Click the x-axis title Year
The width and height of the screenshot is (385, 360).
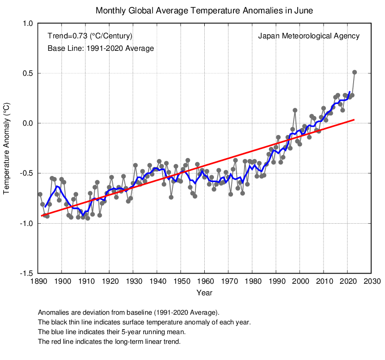[204, 293]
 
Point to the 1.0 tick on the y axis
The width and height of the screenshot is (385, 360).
[27, 24]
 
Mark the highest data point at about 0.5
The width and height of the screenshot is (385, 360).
[354, 72]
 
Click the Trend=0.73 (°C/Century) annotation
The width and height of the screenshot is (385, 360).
[90, 36]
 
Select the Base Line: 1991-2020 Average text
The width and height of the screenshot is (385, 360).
[100, 48]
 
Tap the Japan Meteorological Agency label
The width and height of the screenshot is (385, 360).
[308, 36]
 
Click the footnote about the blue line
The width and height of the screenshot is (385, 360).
[112, 332]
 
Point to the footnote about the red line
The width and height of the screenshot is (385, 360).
[109, 342]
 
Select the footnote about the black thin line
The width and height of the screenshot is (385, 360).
[144, 322]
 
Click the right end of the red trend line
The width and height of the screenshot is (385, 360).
[354, 120]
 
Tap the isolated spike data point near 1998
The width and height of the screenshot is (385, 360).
[295, 110]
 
